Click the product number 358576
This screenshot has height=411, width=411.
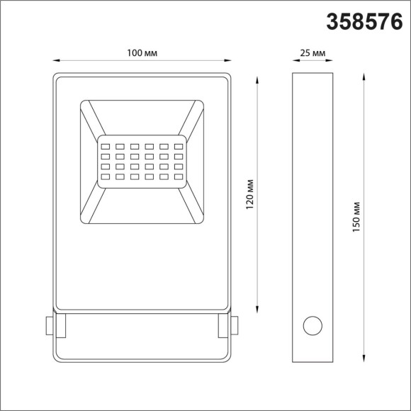tap(364, 22)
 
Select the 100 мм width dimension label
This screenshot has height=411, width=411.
tap(142, 54)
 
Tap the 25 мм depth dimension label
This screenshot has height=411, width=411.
tap(313, 54)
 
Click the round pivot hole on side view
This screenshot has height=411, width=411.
tap(312, 326)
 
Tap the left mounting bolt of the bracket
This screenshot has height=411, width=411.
tap(49, 325)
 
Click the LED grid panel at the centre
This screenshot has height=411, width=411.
tap(142, 161)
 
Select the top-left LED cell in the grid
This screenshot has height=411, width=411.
tap(104, 140)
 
